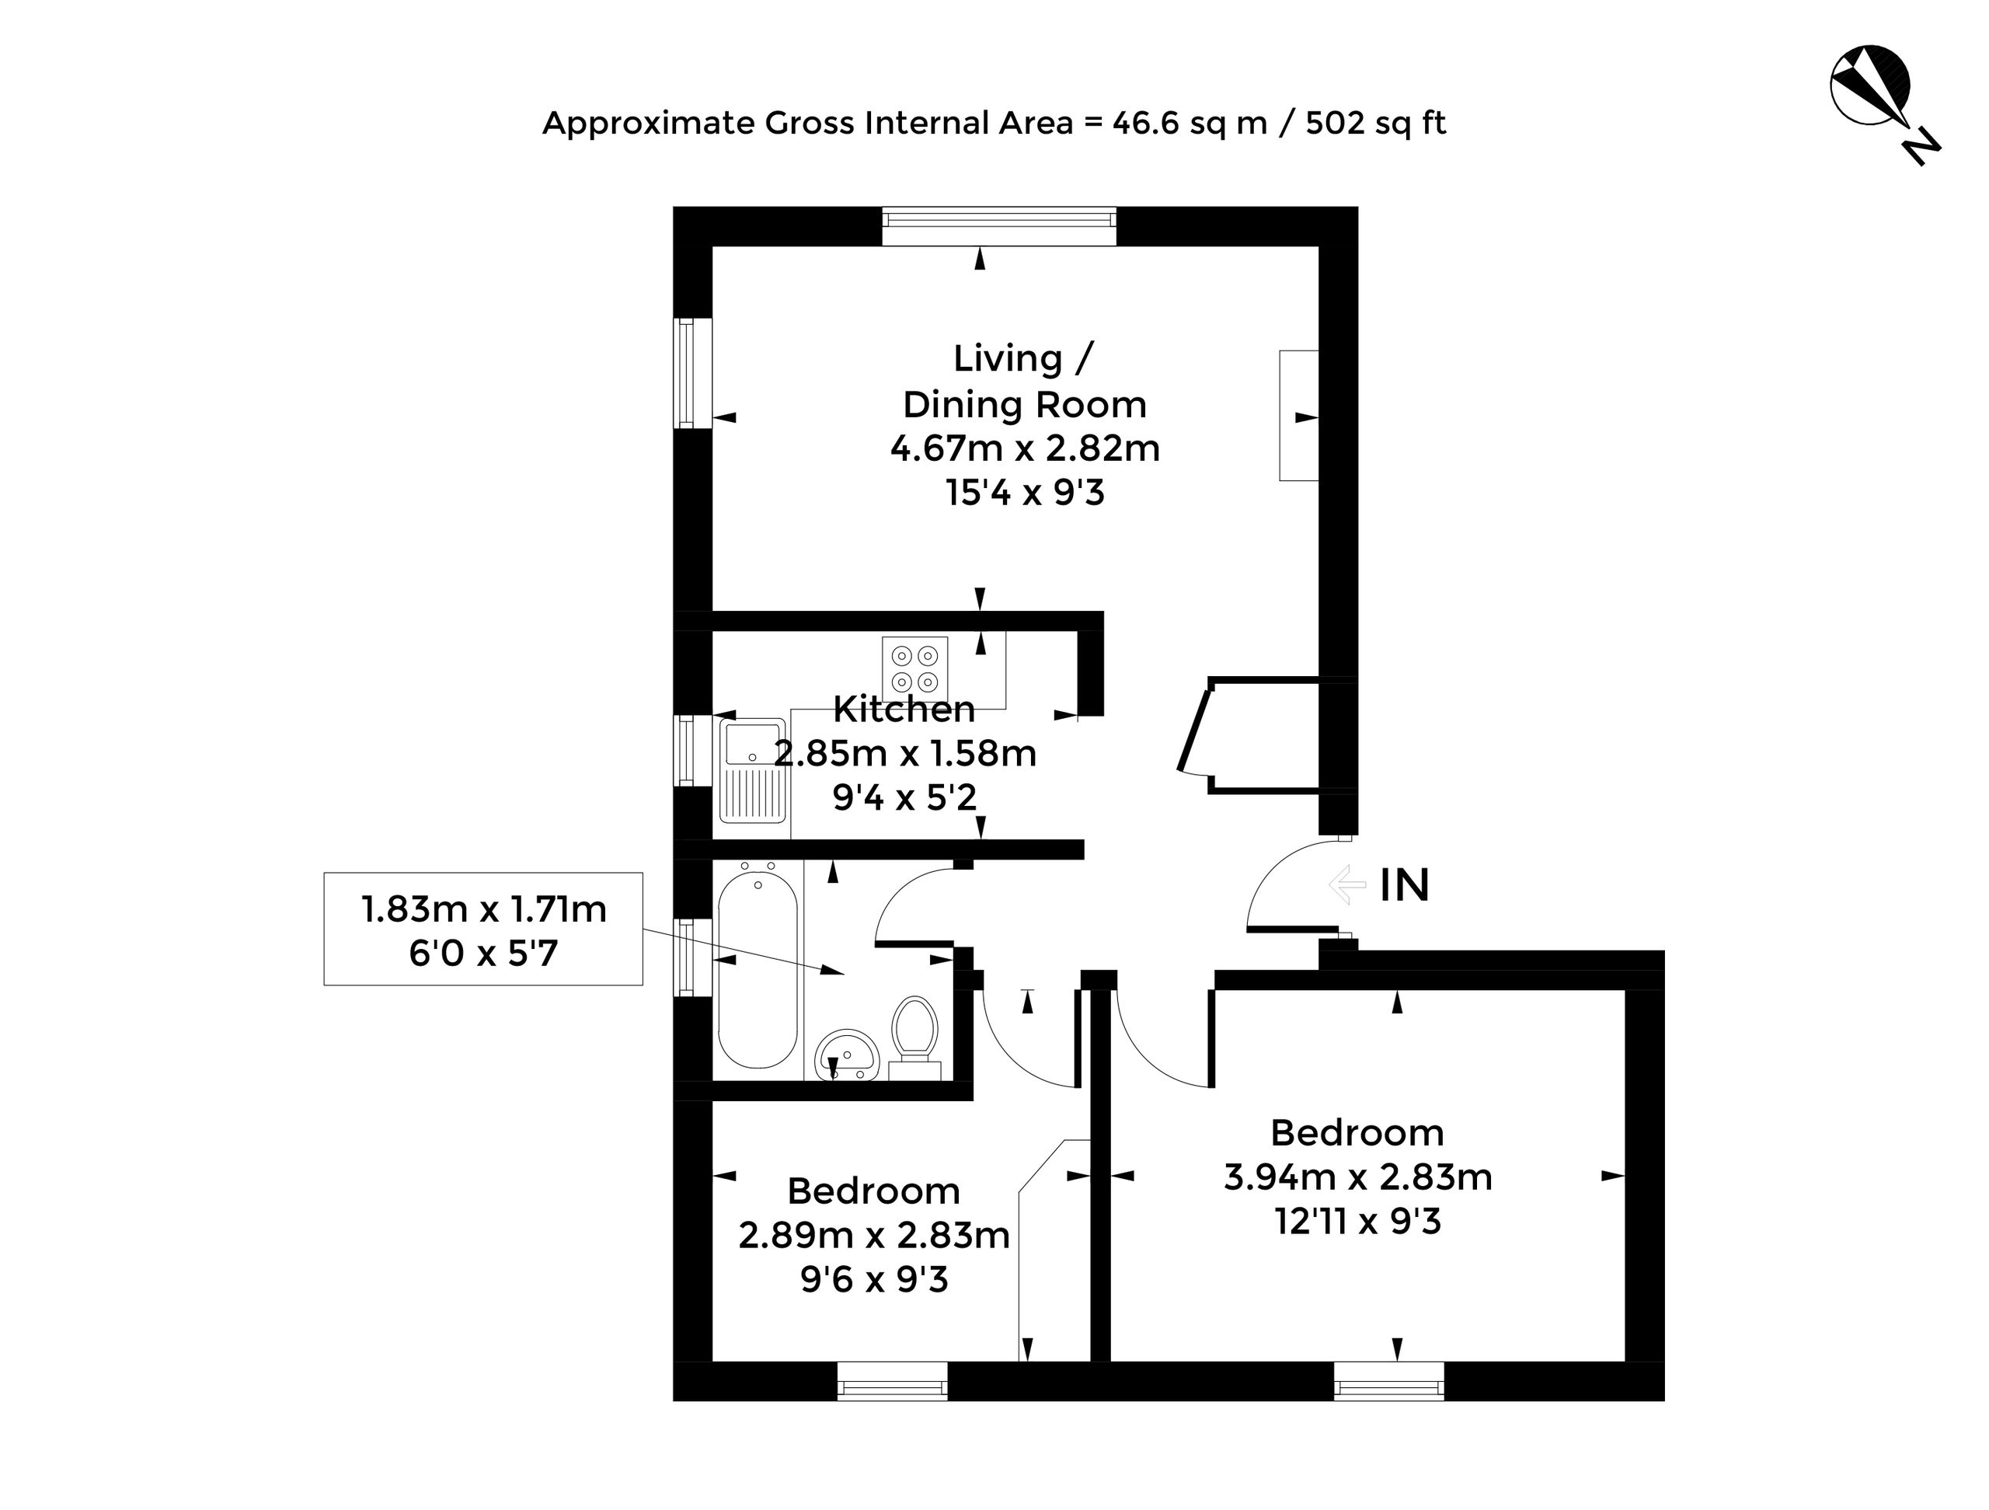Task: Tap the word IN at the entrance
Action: click(x=1405, y=886)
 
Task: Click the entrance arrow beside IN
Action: click(x=1347, y=885)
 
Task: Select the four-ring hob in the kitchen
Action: click(x=915, y=669)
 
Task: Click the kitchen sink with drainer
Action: click(x=753, y=771)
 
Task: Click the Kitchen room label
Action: click(x=904, y=709)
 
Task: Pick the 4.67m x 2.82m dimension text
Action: click(x=1025, y=448)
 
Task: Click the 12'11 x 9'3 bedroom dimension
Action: click(x=1358, y=1222)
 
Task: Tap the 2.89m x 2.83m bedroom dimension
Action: click(x=874, y=1236)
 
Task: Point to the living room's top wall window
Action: click(x=999, y=227)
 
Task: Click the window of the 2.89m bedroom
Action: click(x=892, y=1382)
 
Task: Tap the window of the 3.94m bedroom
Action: click(x=1389, y=1382)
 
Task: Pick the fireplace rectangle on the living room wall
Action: click(x=1299, y=416)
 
